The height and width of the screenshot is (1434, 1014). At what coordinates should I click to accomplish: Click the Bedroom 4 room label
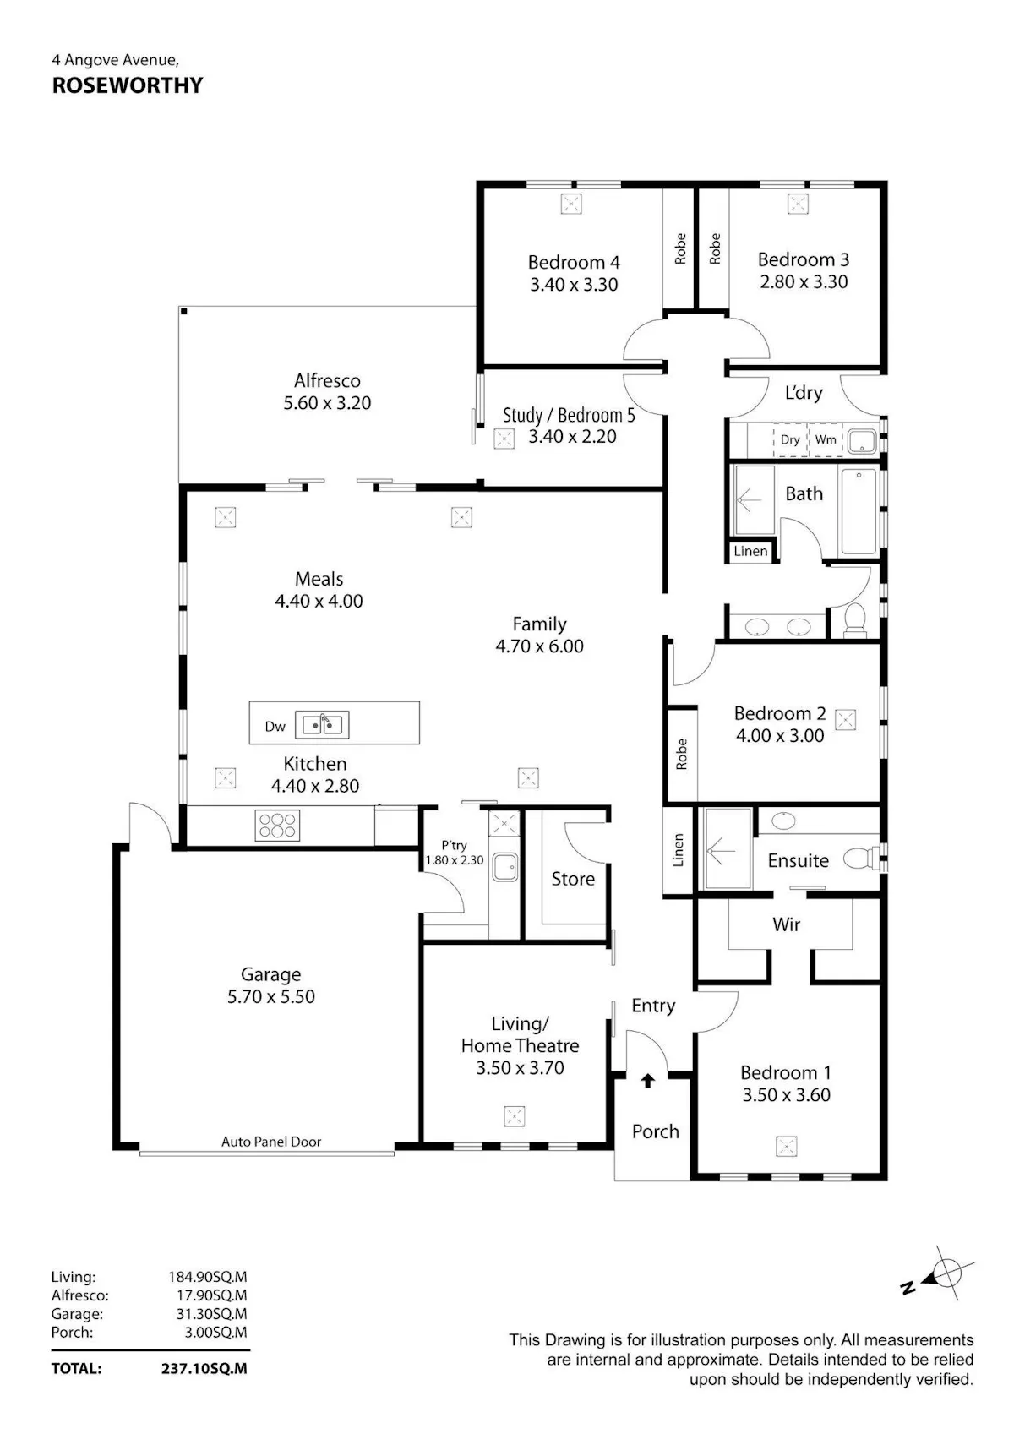click(574, 263)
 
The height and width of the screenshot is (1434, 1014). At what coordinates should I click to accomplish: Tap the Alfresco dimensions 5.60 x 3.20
click(327, 403)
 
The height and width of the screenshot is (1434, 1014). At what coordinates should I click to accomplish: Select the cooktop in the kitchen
click(277, 826)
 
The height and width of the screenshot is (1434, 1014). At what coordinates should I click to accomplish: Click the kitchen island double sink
click(321, 725)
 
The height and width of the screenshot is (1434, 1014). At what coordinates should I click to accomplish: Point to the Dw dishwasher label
click(275, 726)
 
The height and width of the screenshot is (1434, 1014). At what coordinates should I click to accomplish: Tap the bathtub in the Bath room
click(859, 511)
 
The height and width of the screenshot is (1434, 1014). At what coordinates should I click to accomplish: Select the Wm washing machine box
click(826, 439)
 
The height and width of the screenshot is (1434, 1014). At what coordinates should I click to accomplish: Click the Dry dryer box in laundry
click(791, 439)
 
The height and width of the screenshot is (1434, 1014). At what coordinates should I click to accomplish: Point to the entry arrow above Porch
click(648, 1081)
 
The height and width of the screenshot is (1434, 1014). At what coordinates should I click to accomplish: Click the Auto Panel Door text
click(271, 1142)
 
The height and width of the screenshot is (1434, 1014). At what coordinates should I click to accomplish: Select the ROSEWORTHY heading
click(128, 85)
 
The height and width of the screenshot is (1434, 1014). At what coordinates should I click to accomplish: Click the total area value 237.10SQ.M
click(204, 1369)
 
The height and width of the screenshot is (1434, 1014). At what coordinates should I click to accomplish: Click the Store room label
click(573, 879)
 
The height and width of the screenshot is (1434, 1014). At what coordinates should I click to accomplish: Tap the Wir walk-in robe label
click(786, 924)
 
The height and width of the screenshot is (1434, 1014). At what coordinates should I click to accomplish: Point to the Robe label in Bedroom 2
click(681, 754)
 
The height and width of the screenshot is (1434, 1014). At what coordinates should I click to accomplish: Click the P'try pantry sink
click(504, 866)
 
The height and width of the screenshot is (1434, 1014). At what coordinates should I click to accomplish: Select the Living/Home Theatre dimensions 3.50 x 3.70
click(520, 1068)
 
